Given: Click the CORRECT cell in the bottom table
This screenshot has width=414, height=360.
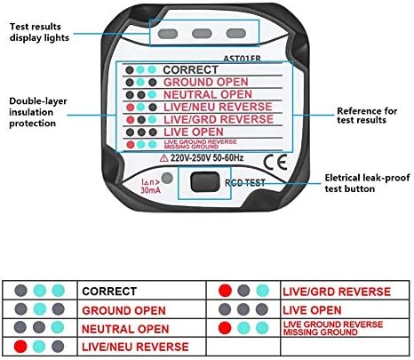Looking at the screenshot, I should (x=109, y=290).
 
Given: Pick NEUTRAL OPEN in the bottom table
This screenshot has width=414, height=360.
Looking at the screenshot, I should (x=125, y=328).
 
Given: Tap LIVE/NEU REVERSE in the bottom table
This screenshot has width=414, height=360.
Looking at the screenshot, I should (x=134, y=346).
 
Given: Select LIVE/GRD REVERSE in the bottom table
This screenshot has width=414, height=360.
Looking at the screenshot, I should (x=336, y=291).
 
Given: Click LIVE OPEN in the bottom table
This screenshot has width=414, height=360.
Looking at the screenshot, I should (x=313, y=309).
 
